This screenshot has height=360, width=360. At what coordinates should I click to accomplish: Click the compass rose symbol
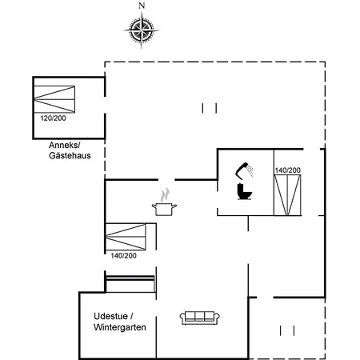142,30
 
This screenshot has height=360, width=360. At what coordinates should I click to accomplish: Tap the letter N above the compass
142,6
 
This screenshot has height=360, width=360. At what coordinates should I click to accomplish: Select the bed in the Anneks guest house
54,99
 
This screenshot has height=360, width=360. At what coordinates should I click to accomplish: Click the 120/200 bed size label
53,118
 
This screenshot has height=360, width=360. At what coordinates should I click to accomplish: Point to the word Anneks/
65,146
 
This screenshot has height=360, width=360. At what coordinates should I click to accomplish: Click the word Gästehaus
70,155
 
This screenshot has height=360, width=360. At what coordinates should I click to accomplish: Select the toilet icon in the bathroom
244,191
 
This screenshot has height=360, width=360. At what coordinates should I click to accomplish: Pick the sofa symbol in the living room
200,318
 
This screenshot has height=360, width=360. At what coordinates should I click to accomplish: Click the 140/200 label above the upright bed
288,170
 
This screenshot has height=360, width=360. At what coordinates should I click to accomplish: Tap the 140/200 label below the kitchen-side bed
123,255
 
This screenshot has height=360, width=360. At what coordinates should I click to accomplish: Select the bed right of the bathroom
287,195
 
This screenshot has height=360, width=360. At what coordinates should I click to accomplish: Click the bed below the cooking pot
126,237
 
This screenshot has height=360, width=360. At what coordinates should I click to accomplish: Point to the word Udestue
110,316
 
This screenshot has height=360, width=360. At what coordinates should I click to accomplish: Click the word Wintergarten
120,327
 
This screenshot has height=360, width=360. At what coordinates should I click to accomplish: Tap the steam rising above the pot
166,195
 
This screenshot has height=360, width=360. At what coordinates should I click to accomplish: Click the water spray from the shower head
250,170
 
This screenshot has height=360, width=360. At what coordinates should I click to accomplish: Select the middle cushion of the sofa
200,316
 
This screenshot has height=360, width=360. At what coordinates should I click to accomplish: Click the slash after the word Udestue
131,316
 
